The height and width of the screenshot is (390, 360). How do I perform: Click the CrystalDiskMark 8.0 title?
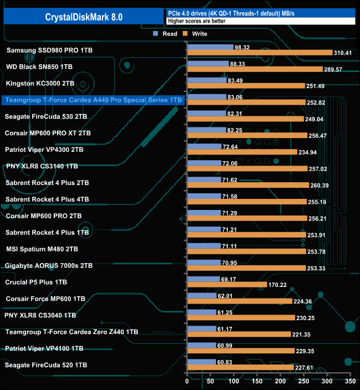[x=84, y=17]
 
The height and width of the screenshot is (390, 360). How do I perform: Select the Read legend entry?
[x=166, y=34]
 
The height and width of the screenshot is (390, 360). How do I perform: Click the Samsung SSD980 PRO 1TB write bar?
[x=260, y=53]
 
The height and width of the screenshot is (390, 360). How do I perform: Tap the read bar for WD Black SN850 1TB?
[x=208, y=64]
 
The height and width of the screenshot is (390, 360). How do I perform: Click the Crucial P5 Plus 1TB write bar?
[x=227, y=285]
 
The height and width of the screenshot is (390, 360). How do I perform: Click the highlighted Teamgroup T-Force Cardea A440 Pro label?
[x=93, y=100]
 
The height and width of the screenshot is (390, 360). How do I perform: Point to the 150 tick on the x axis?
[x=257, y=382]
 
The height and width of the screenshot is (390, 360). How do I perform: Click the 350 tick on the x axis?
[x=350, y=382]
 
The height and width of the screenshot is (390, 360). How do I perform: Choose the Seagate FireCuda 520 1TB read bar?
[x=202, y=362]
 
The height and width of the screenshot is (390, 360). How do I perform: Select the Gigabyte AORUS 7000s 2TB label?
[x=49, y=266]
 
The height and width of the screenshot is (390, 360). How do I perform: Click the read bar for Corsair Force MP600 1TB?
[x=202, y=296]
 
